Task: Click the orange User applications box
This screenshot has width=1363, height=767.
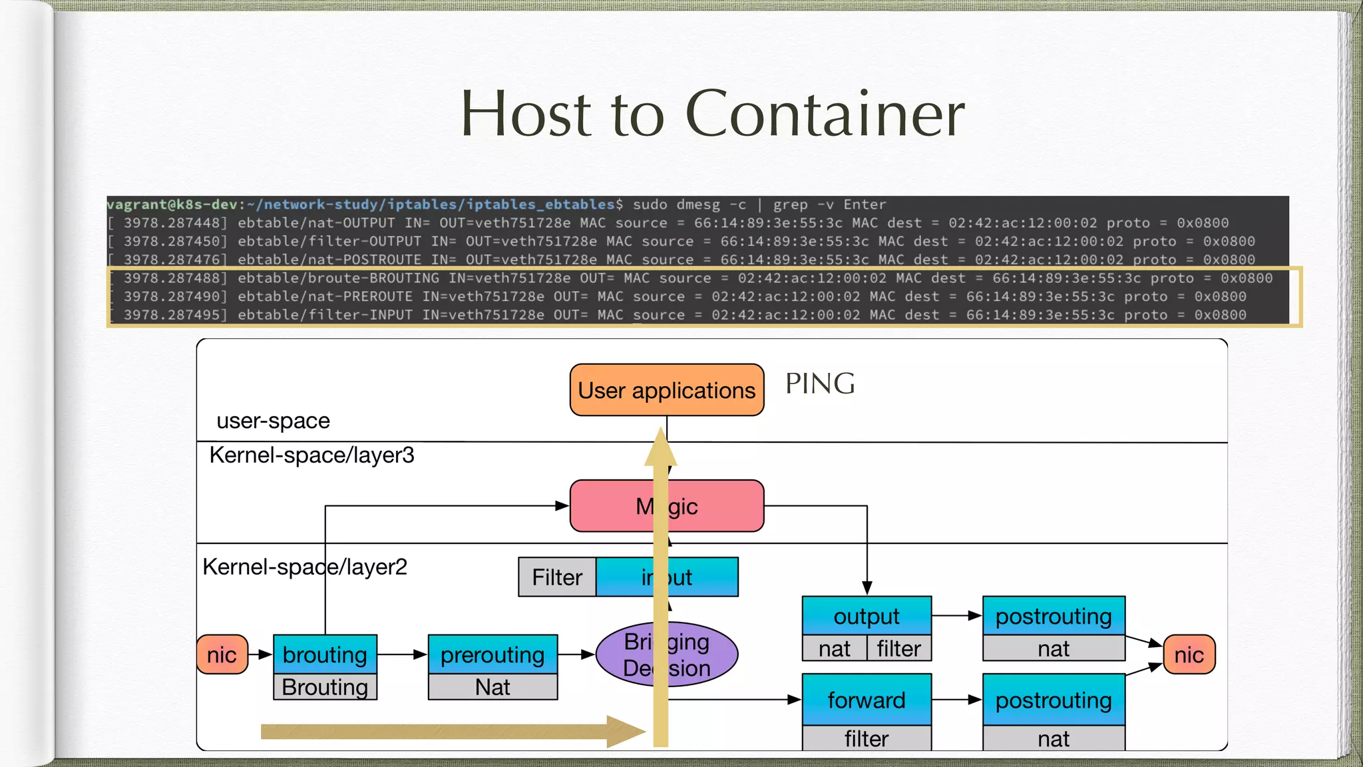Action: pyautogui.click(x=666, y=390)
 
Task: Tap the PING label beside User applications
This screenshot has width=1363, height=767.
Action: pyautogui.click(x=819, y=383)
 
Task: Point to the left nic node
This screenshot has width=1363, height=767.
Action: pyautogui.click(x=222, y=654)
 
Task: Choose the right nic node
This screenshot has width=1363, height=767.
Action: pyautogui.click(x=1189, y=654)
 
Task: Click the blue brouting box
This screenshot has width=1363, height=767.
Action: pyautogui.click(x=325, y=654)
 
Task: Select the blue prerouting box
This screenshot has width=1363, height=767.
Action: pyautogui.click(x=492, y=654)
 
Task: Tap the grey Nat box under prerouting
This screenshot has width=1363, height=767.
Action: pyautogui.click(x=492, y=687)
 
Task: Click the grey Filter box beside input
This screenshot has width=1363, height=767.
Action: pyautogui.click(x=557, y=577)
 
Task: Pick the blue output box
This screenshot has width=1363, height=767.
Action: pyautogui.click(x=866, y=616)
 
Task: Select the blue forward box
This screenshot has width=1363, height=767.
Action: pyautogui.click(x=866, y=700)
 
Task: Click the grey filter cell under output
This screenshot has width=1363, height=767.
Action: pyautogui.click(x=898, y=648)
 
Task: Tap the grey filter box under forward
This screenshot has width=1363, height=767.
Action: pyautogui.click(x=866, y=738)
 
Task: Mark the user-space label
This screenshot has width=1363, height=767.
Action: pyautogui.click(x=273, y=421)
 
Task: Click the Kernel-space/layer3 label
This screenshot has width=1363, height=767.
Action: pyautogui.click(x=311, y=455)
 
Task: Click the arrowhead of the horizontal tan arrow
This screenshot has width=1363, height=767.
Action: pyautogui.click(x=626, y=732)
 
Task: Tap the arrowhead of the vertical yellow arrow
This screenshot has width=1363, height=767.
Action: pyautogui.click(x=660, y=448)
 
